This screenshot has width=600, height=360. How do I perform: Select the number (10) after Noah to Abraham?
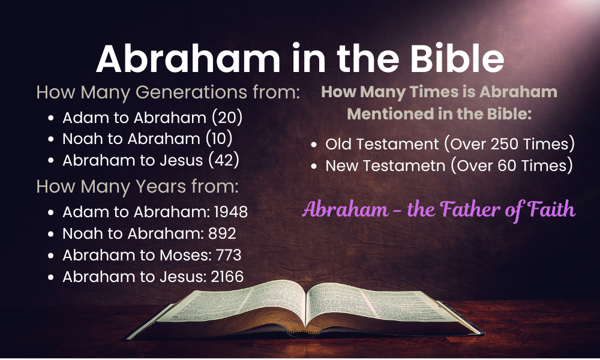coord(219,139)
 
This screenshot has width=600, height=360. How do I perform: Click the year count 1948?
coord(231,212)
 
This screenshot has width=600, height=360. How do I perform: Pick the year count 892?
coord(222,233)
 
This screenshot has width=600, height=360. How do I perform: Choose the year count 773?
coord(229,255)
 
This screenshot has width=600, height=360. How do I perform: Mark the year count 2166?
coord(227,277)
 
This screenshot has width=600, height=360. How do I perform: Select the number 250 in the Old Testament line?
coord(505,144)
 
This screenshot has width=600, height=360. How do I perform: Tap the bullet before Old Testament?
coord(314,145)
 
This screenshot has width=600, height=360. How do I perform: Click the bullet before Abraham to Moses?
coord(51,256)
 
